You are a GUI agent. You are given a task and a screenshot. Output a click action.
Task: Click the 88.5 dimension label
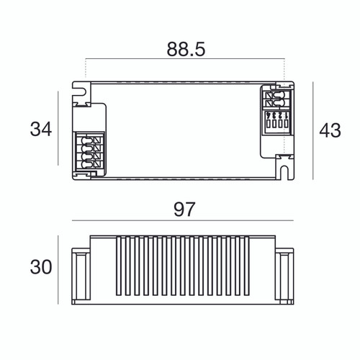point(186,50)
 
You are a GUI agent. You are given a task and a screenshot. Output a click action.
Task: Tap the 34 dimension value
point(41,129)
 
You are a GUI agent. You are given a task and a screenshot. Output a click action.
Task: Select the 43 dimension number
point(330,130)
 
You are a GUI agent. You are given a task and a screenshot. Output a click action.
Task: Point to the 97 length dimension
point(184,210)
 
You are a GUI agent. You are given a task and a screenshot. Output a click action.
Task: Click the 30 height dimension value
point(41,267)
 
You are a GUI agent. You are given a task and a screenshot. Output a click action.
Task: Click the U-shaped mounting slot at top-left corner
point(80,91)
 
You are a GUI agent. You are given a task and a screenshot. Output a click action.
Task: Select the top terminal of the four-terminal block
point(91,140)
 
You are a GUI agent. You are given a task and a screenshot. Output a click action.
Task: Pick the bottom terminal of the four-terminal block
point(91,165)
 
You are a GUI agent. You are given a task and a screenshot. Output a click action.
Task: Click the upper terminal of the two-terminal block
point(276,95)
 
